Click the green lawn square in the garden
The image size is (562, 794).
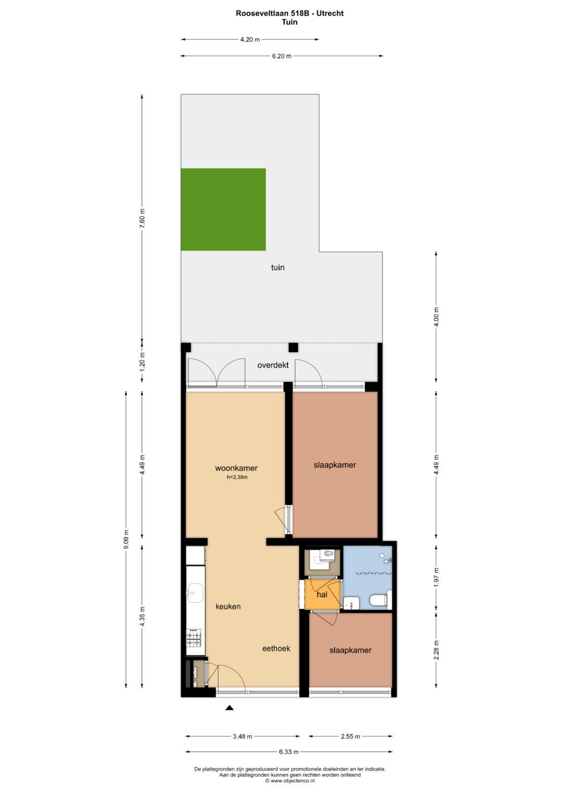tap(223, 209)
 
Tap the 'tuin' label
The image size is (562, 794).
tap(277, 267)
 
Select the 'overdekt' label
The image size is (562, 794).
tap(273, 365)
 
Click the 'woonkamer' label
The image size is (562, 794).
tap(236, 468)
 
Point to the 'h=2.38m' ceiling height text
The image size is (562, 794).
tap(237, 477)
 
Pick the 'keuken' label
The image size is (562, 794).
tap(228, 606)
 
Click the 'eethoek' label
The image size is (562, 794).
tap(276, 648)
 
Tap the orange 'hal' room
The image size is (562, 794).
tap(322, 594)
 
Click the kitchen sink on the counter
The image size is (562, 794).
tap(195, 592)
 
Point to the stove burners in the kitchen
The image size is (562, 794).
tap(194, 637)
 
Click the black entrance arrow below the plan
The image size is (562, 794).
tap(229, 708)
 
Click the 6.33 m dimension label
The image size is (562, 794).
tap(289, 751)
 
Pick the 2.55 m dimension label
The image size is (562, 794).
tap(350, 736)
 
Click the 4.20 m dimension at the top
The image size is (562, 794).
tap(250, 40)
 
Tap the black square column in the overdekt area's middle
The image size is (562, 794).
tap(293, 347)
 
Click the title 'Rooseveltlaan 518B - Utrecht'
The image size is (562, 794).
tap(289, 14)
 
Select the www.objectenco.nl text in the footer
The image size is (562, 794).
tap(290, 780)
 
